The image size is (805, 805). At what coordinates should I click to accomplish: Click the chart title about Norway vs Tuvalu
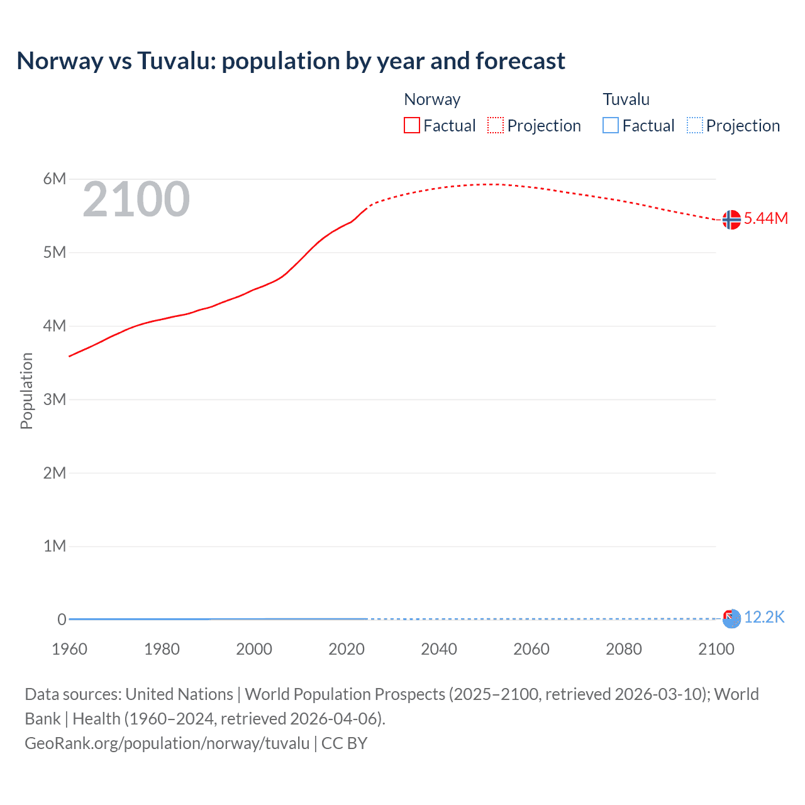[x=291, y=61]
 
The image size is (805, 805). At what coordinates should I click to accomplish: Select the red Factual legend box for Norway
[x=411, y=125]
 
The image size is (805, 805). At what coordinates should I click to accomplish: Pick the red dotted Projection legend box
[x=496, y=125]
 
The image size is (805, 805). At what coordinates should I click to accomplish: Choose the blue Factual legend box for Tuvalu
[x=610, y=125]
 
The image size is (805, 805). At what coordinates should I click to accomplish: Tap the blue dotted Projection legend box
[x=694, y=125]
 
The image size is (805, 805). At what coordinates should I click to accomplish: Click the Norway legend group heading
[x=432, y=99]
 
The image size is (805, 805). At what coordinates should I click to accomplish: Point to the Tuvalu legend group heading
[x=626, y=99]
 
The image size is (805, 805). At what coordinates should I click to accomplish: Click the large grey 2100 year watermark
[x=136, y=199]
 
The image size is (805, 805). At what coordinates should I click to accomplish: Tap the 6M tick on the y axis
[x=55, y=179]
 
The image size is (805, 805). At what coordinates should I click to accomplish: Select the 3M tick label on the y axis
[x=55, y=399]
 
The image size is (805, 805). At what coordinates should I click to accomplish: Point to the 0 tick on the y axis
[x=62, y=619]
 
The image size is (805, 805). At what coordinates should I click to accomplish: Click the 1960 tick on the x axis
[x=69, y=649]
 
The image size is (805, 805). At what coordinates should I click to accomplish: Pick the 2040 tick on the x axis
[x=439, y=649]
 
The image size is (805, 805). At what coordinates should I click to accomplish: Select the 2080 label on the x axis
[x=624, y=649]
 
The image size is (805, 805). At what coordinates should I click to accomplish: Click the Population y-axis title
[x=26, y=391]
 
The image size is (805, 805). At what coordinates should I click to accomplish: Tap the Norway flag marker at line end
[x=731, y=219]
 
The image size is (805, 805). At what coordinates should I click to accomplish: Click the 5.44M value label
[x=765, y=218]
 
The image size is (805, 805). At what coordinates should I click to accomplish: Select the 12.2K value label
[x=764, y=617]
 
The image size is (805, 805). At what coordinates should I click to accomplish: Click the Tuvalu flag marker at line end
[x=731, y=618]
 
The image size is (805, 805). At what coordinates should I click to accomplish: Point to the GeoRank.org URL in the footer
[x=167, y=743]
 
